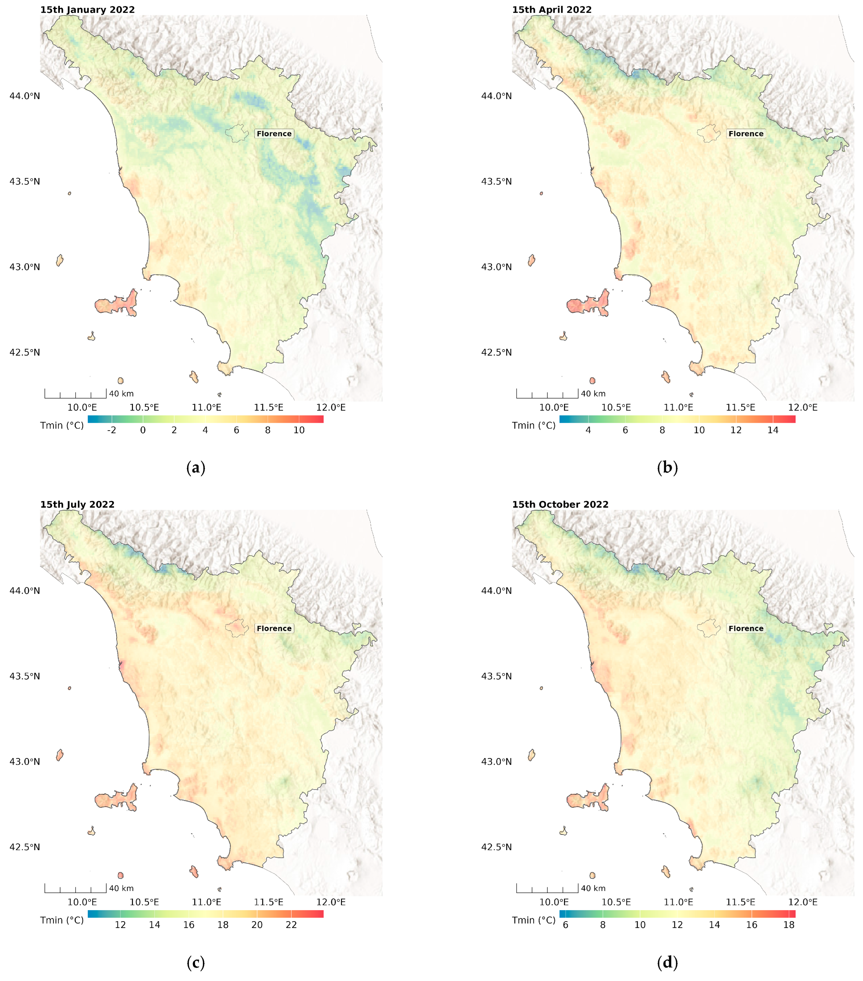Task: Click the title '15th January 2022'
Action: coord(87,10)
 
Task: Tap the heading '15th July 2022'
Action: coord(77,504)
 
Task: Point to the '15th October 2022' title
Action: coord(560,504)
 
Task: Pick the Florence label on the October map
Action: coord(745,628)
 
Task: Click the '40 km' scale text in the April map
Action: coord(593,393)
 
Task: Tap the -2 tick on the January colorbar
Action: coord(112,430)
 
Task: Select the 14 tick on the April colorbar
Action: coord(773,430)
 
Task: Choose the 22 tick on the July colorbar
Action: coord(291,925)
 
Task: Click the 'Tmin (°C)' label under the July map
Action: coord(62,920)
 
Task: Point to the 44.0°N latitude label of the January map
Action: coord(25,96)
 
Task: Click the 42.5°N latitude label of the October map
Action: coord(496,847)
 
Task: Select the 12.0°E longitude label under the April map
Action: coord(803,408)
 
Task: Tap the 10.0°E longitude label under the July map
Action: coord(82,902)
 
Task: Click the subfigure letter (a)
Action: coord(195,467)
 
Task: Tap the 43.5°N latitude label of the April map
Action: coord(496,181)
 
